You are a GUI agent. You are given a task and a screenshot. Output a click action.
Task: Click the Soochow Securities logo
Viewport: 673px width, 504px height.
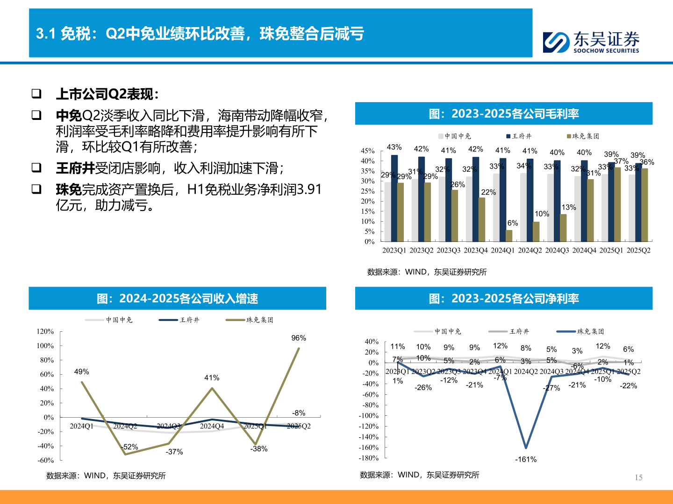[x=591, y=42]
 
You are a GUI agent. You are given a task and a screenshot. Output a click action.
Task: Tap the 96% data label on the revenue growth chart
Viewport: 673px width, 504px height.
[x=299, y=338]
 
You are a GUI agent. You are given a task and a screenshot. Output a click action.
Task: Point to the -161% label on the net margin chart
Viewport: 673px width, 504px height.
[x=526, y=460]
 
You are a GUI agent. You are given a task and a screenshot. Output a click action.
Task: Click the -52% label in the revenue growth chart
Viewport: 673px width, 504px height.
[x=130, y=447]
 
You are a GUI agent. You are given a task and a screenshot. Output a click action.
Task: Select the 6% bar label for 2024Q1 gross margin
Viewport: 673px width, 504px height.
[x=513, y=223]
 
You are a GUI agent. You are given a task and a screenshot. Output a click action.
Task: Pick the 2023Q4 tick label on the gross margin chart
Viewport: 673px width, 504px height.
[x=475, y=251]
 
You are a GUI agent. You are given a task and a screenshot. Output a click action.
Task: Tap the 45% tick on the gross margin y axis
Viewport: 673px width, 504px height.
[x=367, y=151]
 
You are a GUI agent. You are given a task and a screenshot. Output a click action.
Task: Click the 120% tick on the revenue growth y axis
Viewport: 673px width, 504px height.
[x=45, y=331]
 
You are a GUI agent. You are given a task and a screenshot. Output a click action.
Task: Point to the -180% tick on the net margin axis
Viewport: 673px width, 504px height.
[x=368, y=458]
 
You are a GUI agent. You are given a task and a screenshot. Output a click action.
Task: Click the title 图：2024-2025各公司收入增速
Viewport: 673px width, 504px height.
[x=177, y=299]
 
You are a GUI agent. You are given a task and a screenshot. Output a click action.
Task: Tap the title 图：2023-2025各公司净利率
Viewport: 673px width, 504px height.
[x=504, y=299]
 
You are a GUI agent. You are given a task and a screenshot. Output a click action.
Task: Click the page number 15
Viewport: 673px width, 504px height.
[x=638, y=477]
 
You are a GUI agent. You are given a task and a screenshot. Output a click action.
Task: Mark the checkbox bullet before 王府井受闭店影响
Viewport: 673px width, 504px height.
[x=36, y=167]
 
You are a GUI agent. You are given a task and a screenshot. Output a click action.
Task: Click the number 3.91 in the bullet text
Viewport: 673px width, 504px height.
[x=309, y=189]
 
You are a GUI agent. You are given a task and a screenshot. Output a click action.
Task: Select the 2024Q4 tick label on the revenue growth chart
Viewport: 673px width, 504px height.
[x=212, y=426]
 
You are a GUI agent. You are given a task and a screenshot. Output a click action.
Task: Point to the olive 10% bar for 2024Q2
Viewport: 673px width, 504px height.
[x=536, y=231]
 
